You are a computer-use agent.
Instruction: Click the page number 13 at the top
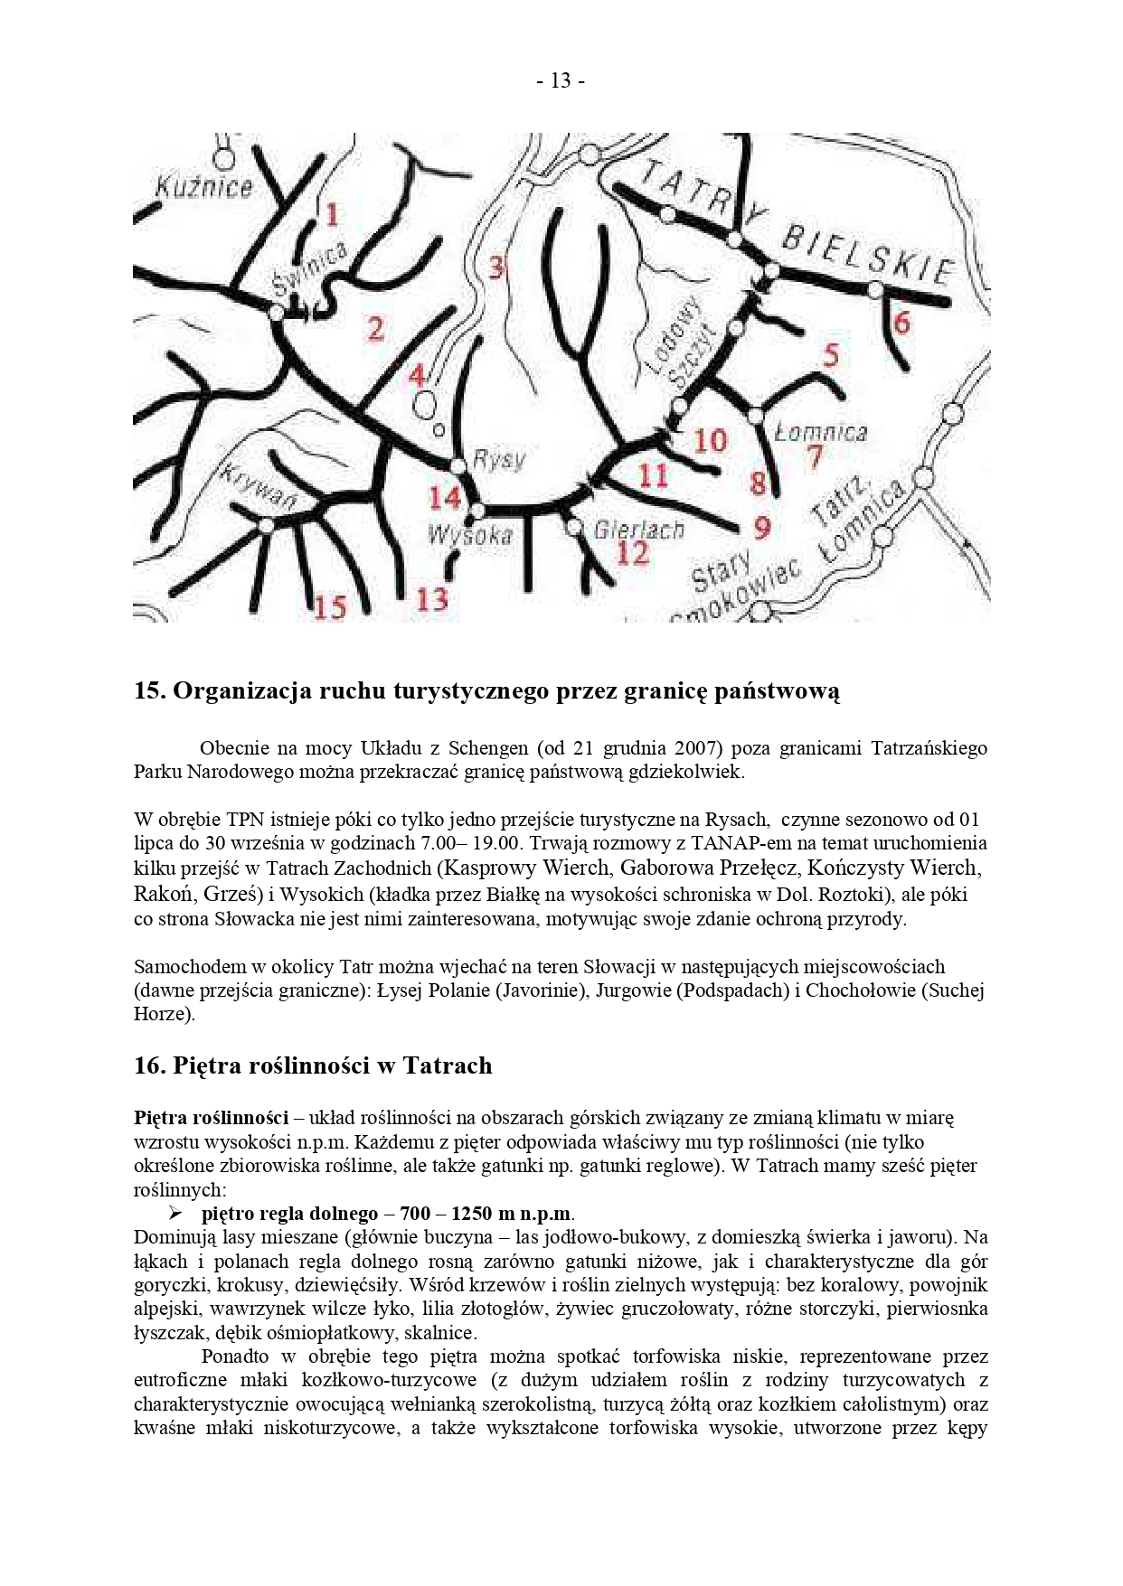pyautogui.click(x=561, y=81)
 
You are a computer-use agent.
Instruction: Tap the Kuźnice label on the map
pyautogui.click(x=204, y=188)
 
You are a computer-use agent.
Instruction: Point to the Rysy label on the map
pyautogui.click(x=499, y=460)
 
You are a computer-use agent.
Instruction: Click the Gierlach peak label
pyautogui.click(x=639, y=530)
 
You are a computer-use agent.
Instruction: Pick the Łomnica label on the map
pyautogui.click(x=821, y=433)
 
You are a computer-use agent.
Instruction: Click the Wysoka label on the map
pyautogui.click(x=470, y=535)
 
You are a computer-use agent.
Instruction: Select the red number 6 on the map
pyautogui.click(x=901, y=323)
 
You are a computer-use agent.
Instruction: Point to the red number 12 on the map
pyautogui.click(x=632, y=552)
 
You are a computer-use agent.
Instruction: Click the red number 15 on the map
pyautogui.click(x=331, y=606)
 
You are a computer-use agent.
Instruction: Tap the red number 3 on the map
pyautogui.click(x=496, y=267)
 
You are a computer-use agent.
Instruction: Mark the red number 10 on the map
pyautogui.click(x=710, y=441)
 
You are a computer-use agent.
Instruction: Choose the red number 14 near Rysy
pyautogui.click(x=445, y=497)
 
